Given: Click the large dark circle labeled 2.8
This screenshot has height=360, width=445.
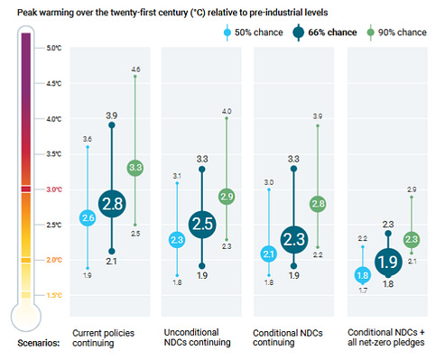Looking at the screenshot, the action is tap(112, 204).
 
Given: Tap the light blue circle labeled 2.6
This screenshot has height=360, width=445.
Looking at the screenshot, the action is tap(88, 217).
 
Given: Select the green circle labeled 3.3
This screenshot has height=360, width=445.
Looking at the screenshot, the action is tap(135, 168).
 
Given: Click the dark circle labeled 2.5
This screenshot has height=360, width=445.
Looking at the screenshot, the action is tap(202, 224).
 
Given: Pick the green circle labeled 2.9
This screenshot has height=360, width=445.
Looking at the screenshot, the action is tap(227, 197).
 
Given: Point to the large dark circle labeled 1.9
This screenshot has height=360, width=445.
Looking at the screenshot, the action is tap(388, 262).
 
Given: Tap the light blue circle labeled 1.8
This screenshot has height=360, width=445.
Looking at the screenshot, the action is tap(363, 275).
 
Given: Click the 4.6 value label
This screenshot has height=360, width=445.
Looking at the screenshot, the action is tap(135, 69).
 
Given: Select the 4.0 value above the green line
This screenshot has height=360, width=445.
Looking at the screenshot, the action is tap(227, 111).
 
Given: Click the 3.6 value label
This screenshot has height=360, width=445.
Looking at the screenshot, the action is tap(88, 139).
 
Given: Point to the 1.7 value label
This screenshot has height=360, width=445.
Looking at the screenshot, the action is tap(363, 291).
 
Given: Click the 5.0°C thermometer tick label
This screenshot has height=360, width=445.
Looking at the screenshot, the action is tap(54, 48).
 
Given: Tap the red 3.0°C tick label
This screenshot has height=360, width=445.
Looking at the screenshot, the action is tap(54, 189).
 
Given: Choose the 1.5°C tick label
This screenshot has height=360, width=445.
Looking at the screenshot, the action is tap(54, 295).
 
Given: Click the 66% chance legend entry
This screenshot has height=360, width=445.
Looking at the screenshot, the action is tap(325, 32).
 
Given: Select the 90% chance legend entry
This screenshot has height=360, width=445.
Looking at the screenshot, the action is tap(396, 32).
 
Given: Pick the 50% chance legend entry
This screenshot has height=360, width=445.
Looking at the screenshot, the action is tap(254, 32).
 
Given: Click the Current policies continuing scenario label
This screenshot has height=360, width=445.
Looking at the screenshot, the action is tap(103, 338).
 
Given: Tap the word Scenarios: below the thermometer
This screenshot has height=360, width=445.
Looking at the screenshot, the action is tap(39, 343).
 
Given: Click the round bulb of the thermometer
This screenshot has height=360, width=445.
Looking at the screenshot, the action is tap(26, 317).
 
